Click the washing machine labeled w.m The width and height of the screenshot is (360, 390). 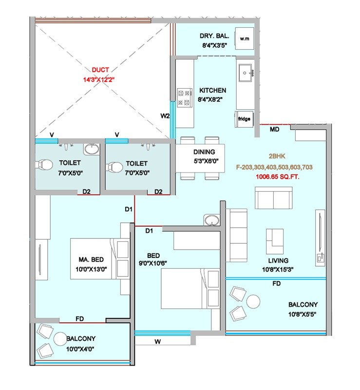point(244,39)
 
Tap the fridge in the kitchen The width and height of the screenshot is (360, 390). point(245,118)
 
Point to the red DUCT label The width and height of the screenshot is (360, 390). point(100,70)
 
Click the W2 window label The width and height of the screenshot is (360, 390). point(165,116)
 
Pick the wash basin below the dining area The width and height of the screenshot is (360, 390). point(211,220)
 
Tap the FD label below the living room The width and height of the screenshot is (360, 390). point(276,283)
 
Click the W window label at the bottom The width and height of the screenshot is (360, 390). point(157,341)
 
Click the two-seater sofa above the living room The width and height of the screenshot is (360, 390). point(273,197)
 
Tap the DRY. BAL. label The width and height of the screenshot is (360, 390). point(212,37)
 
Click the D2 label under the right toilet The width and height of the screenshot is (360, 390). point(158,192)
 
